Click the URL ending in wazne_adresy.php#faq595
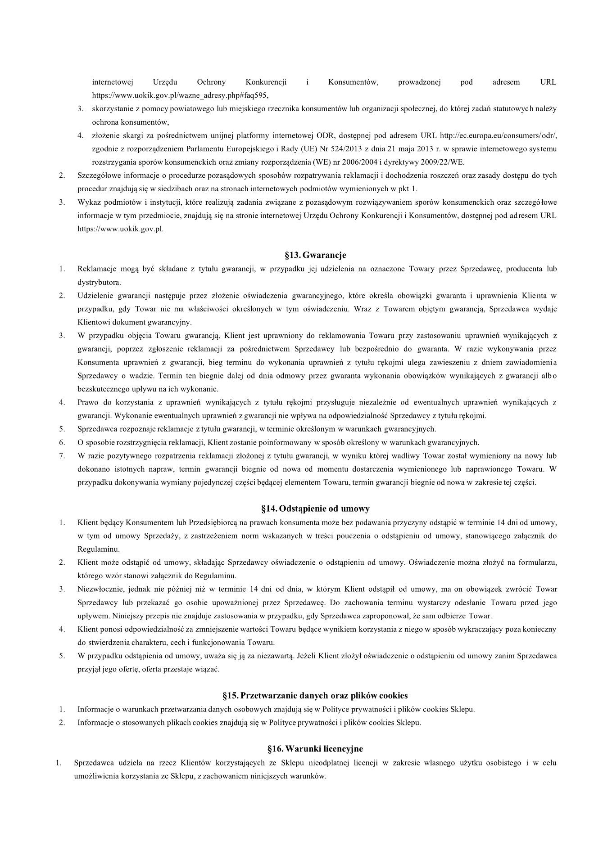180,96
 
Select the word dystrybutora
99,283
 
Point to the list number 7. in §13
62,456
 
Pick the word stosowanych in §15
135,723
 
